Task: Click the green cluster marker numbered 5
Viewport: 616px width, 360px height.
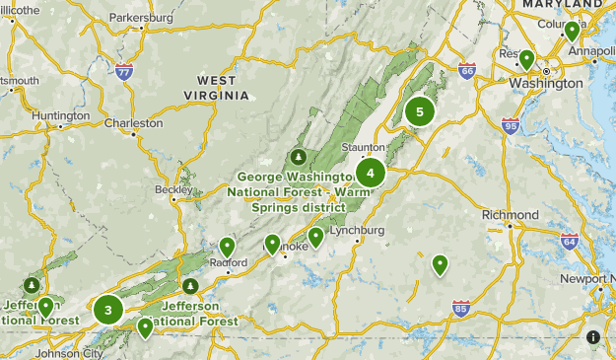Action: tap(420, 111)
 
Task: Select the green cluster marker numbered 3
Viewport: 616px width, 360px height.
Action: tap(108, 311)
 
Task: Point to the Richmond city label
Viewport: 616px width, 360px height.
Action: tap(511, 215)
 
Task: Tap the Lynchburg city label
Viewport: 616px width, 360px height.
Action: tap(357, 231)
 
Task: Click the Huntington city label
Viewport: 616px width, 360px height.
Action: tap(60, 115)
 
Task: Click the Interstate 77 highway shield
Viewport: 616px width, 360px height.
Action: tap(123, 72)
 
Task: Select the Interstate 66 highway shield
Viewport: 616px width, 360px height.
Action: tap(466, 71)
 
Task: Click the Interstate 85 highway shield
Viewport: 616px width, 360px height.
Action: tap(460, 309)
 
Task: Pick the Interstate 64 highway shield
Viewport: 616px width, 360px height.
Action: tap(569, 241)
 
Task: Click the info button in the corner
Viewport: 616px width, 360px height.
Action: tap(593, 337)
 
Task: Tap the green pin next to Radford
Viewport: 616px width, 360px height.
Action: tap(228, 247)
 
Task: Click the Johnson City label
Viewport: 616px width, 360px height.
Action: tap(69, 353)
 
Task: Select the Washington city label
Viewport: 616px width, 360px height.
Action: tap(545, 84)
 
